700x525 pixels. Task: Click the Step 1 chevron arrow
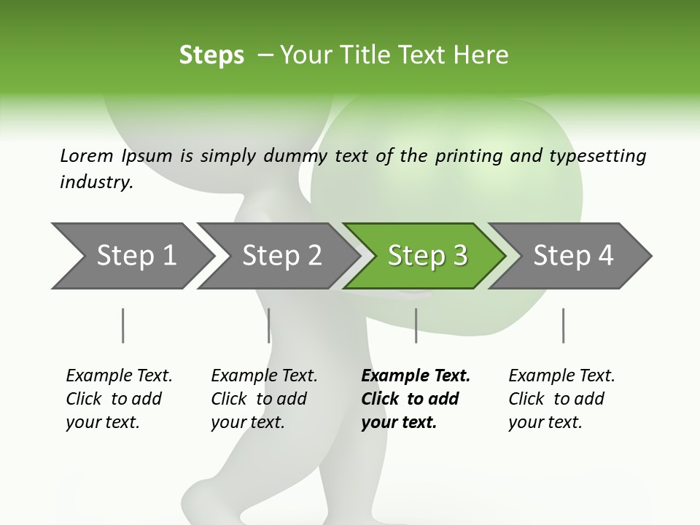131,256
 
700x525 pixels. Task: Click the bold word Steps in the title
211,55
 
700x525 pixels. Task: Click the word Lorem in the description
87,155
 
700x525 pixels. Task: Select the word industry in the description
96,182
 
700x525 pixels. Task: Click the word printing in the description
468,155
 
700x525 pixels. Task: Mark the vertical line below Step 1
122,325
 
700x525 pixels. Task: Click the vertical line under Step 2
268,325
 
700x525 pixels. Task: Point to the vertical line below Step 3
416,325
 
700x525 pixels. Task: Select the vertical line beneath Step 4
563,325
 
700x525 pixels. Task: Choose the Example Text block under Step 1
119,399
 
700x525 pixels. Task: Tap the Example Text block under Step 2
264,399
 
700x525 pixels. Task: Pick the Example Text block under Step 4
561,399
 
